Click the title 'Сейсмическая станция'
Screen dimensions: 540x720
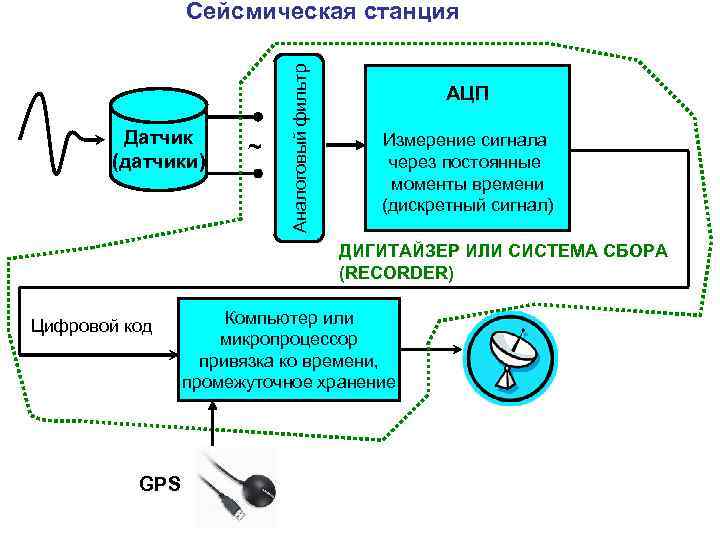coord(322,12)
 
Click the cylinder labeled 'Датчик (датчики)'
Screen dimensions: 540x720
coord(160,139)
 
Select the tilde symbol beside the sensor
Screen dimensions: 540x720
coord(254,147)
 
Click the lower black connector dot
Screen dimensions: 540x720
coord(257,173)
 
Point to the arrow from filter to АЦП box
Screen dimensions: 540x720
coord(346,144)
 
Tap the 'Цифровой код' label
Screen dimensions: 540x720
coord(91,325)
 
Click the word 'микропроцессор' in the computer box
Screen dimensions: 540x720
coord(289,339)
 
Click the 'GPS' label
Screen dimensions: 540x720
coord(160,484)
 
